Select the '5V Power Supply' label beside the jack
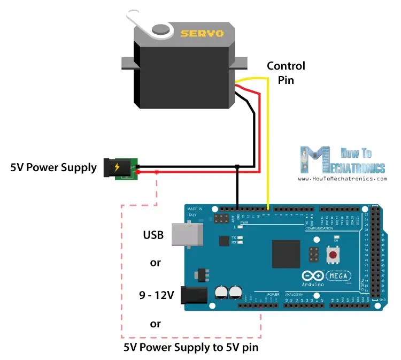point(53,167)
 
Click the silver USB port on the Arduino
point(187,234)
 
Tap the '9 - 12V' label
point(156,294)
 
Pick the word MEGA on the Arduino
point(340,276)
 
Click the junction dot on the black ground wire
point(236,167)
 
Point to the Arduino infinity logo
point(313,276)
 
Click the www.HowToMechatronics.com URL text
point(342,179)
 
